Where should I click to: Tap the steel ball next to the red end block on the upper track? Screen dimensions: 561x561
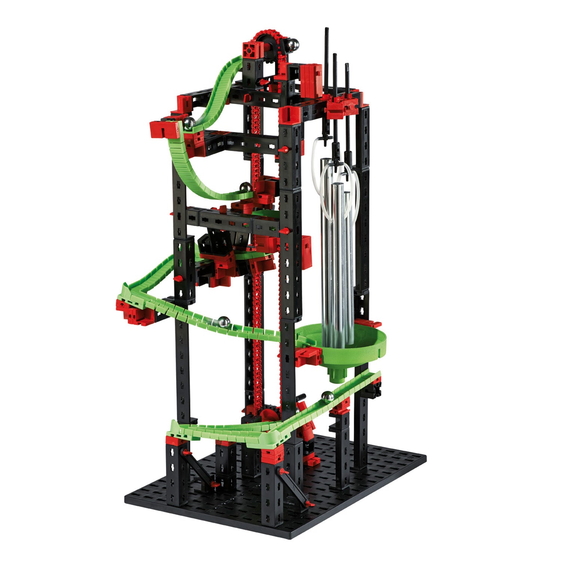click(x=189, y=123)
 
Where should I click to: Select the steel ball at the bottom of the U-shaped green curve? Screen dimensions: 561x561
click(x=246, y=187)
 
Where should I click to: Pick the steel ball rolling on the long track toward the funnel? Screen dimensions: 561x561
click(x=224, y=322)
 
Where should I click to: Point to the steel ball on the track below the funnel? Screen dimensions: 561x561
click(x=328, y=396)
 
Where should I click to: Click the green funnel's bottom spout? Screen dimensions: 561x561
click(x=338, y=374)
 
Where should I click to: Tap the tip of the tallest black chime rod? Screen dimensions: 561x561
click(x=326, y=30)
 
